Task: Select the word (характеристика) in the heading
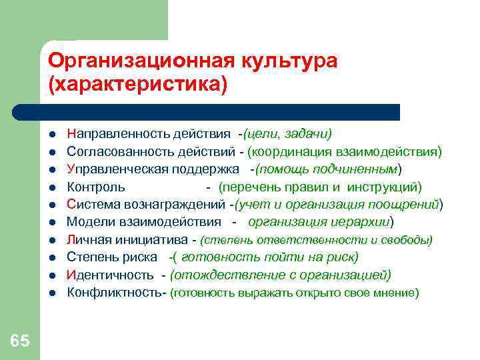coord(138,85)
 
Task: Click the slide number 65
coord(19,341)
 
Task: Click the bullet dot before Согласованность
coord(52,152)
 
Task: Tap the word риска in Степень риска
coord(141,257)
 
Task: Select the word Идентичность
coord(110,275)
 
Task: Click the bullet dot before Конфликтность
coord(52,293)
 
